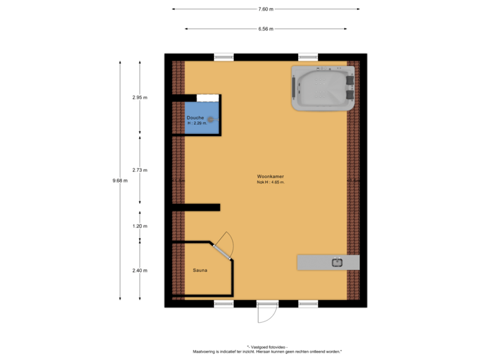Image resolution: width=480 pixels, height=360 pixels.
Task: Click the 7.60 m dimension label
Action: point(265,9)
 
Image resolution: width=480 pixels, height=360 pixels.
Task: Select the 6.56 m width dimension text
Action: point(265,29)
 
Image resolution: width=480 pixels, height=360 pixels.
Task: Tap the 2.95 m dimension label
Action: point(139,97)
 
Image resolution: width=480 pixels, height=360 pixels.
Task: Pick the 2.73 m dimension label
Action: point(139,170)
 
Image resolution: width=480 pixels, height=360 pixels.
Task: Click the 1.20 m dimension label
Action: point(139,226)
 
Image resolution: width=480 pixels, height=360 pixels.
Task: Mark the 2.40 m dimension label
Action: point(139,271)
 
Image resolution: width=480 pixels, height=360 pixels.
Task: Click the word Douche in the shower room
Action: point(195,118)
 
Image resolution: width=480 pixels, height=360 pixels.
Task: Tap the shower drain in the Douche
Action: point(211,119)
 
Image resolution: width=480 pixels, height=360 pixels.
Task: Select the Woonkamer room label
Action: point(271,177)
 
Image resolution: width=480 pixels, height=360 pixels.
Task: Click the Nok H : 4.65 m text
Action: point(271,182)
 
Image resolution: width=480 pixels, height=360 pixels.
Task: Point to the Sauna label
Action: point(199,271)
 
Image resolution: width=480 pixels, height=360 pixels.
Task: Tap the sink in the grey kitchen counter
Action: point(337,262)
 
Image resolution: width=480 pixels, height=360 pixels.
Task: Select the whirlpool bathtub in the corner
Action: point(323,89)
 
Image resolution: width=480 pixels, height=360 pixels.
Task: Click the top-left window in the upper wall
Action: point(223,57)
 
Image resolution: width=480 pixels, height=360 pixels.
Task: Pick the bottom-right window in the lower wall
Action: point(308,303)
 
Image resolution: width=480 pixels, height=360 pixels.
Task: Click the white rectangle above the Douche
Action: point(207,97)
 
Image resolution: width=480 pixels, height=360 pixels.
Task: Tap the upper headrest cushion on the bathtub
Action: point(350,79)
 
